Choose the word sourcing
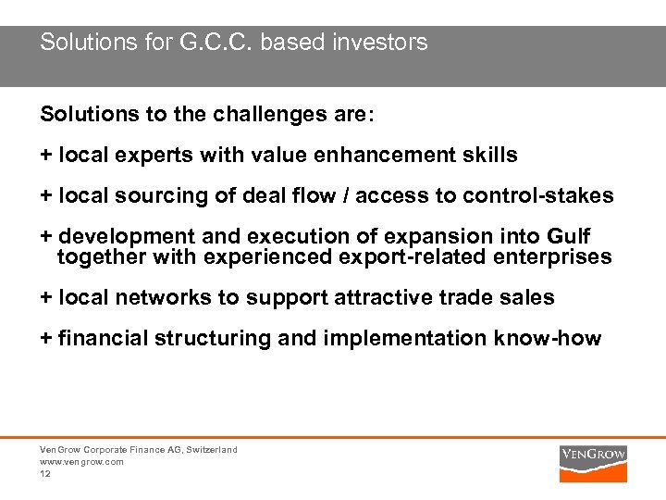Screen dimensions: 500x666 [154, 195]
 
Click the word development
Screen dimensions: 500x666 [120, 236]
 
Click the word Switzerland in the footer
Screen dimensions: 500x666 [212, 450]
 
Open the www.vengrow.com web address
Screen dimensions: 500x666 [81, 461]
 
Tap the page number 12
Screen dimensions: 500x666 [45, 473]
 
